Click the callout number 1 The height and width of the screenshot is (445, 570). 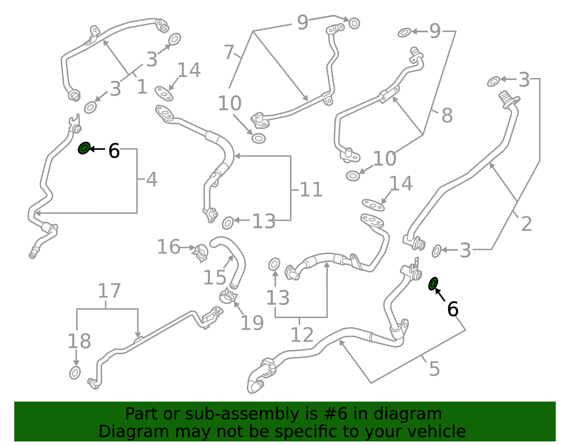142,87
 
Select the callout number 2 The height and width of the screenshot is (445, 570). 527,224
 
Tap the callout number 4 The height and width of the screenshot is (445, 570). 152,179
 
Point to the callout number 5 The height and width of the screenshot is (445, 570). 434,369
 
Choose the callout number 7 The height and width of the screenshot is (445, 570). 229,52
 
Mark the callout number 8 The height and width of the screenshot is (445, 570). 447,115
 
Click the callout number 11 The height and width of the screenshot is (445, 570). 311,189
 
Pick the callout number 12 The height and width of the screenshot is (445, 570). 302,335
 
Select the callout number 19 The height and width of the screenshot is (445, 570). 252,323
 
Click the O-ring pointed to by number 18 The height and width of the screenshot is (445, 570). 75,373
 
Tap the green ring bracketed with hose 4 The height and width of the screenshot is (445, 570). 84,148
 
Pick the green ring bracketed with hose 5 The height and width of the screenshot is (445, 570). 433,284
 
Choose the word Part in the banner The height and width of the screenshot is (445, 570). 142,414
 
